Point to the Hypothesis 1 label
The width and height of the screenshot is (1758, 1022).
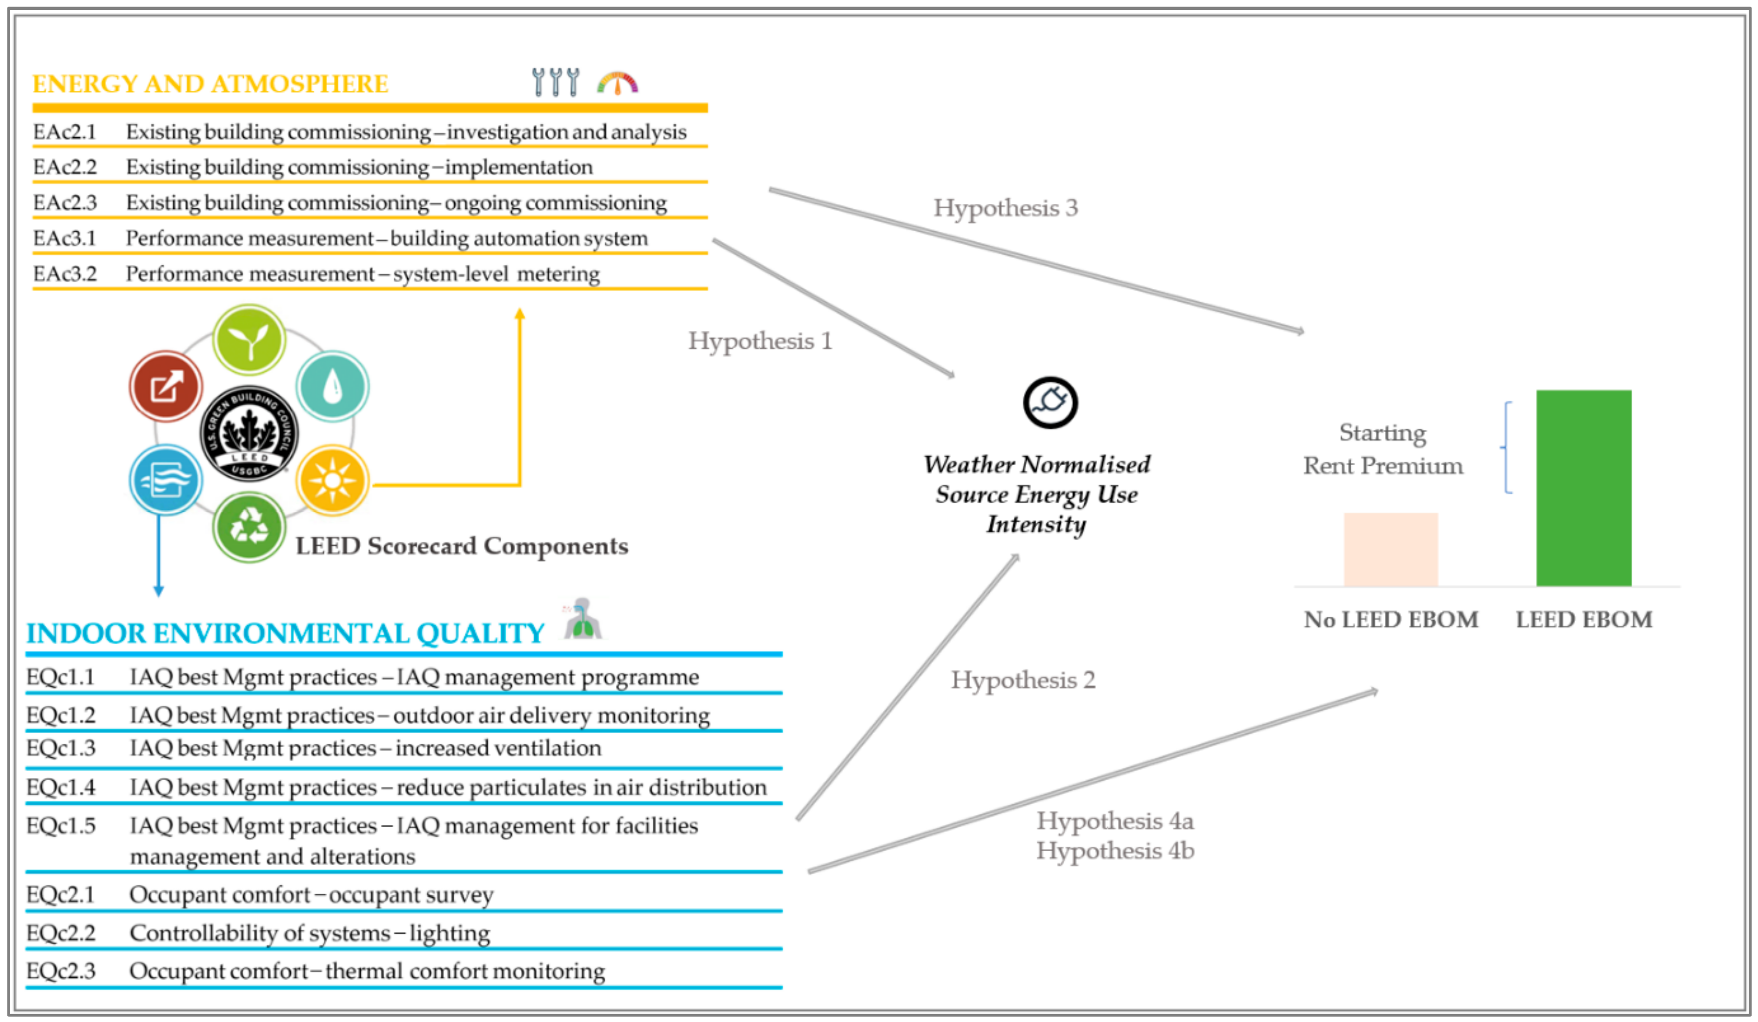pyautogui.click(x=760, y=341)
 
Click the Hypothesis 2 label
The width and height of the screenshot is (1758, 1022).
pyautogui.click(x=1023, y=680)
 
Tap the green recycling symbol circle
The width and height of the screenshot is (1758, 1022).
pyautogui.click(x=249, y=527)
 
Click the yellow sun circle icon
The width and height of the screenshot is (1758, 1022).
pyautogui.click(x=332, y=480)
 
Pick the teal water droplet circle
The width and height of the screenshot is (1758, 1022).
pyautogui.click(x=332, y=386)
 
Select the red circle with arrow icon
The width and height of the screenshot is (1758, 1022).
pyautogui.click(x=166, y=386)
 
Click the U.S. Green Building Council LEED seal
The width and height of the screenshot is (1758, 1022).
pyautogui.click(x=249, y=433)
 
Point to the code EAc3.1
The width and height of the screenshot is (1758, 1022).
pyautogui.click(x=64, y=238)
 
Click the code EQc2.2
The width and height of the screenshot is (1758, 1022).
pyautogui.click(x=60, y=933)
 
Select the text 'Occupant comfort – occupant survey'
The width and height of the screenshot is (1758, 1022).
pyautogui.click(x=311, y=895)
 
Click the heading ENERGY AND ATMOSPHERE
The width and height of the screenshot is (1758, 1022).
pyautogui.click(x=210, y=84)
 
